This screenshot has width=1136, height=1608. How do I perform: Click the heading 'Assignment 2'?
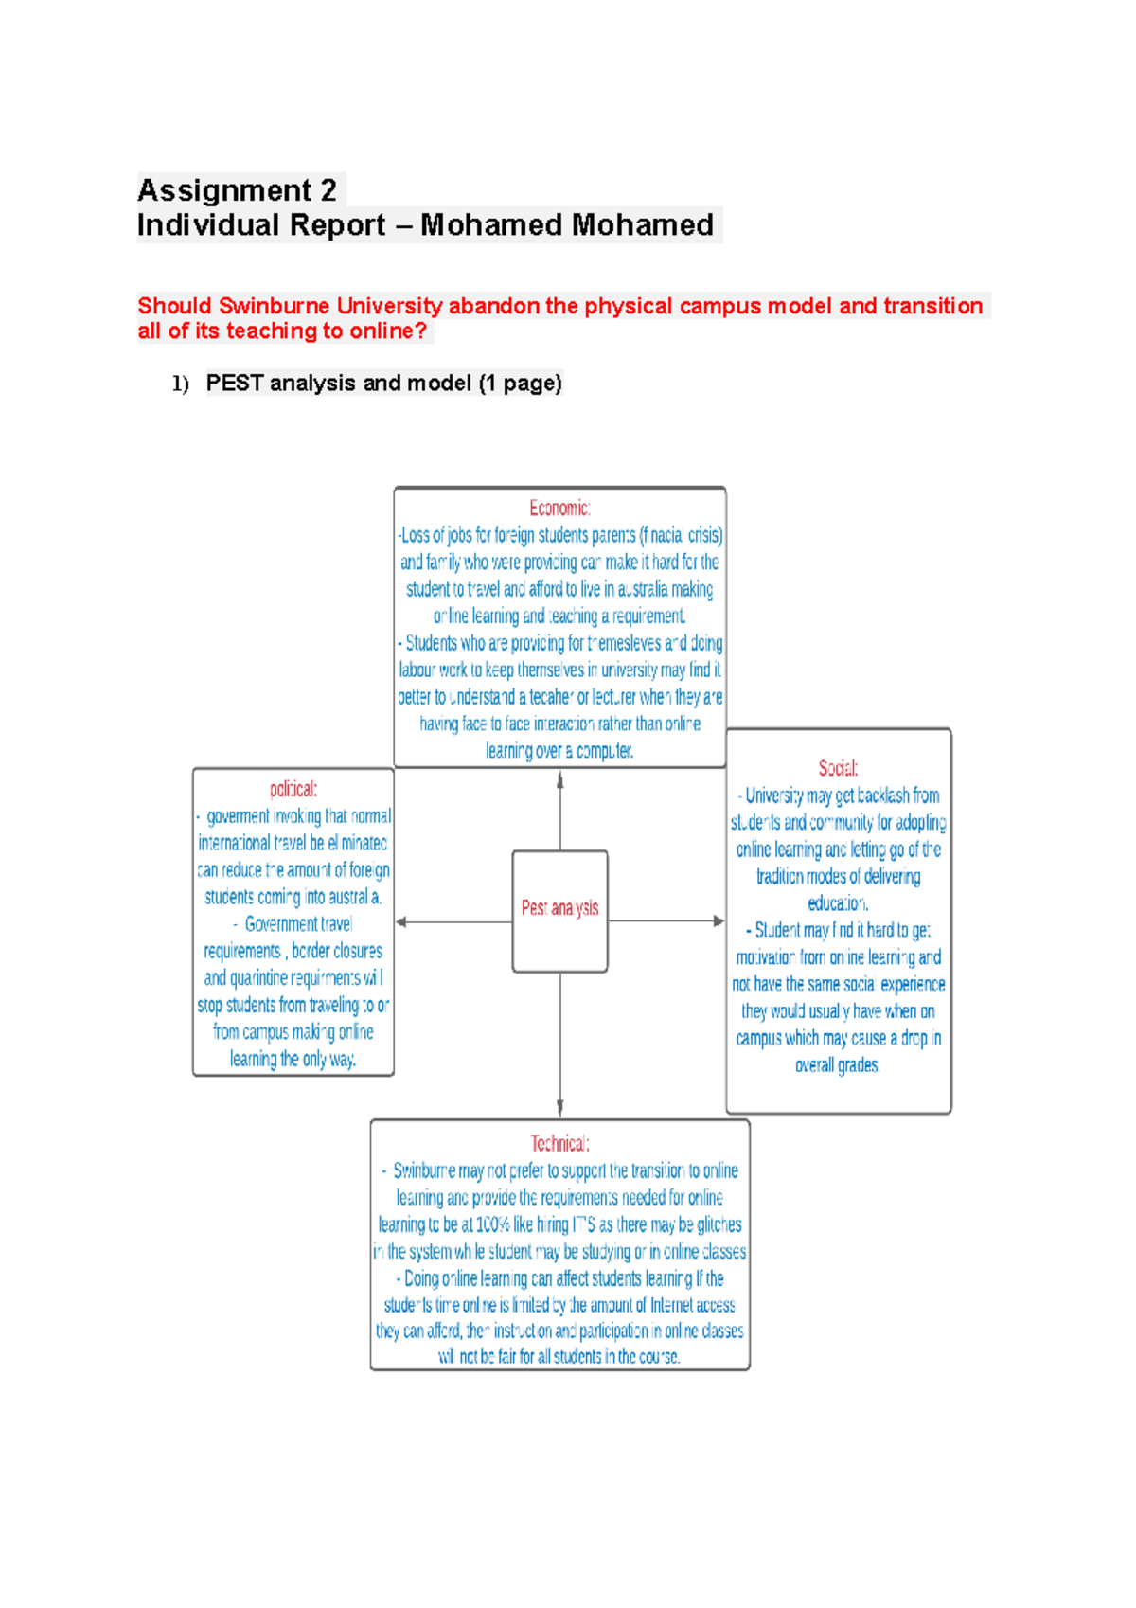point(237,190)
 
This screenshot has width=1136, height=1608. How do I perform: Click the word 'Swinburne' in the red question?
point(274,306)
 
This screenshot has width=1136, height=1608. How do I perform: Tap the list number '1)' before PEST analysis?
point(180,384)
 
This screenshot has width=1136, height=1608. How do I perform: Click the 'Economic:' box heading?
point(559,509)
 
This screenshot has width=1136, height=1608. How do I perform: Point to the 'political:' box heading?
point(293,789)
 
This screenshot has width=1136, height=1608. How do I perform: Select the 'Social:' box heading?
point(838,768)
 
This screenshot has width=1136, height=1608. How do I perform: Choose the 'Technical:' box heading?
point(559,1143)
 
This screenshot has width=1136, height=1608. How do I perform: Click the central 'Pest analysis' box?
point(559,909)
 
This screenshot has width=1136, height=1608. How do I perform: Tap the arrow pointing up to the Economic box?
point(560,781)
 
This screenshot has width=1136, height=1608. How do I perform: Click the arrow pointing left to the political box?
point(403,921)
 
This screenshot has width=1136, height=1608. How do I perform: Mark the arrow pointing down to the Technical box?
point(560,1108)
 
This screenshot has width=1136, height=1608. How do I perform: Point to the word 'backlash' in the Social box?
point(883,795)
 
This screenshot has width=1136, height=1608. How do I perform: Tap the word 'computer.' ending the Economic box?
point(605,751)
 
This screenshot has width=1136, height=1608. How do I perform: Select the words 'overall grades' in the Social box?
point(837,1065)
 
